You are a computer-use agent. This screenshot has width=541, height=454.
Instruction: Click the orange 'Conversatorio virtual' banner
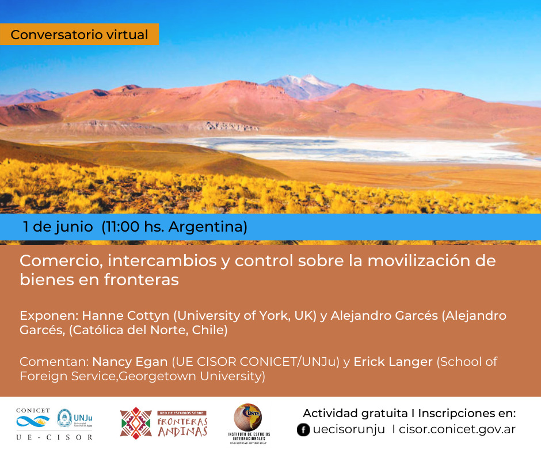(79, 34)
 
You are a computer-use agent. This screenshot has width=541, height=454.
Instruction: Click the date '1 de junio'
(58, 226)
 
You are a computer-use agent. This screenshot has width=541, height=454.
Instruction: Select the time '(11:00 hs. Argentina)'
(174, 227)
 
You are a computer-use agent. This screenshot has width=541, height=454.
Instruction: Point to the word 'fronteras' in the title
(142, 280)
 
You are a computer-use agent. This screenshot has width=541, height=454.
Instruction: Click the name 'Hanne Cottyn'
(125, 316)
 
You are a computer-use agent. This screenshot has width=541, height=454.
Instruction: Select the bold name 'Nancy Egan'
(129, 362)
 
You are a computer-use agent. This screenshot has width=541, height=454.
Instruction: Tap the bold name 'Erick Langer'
(393, 362)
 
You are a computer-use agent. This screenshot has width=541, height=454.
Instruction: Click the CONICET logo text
(33, 410)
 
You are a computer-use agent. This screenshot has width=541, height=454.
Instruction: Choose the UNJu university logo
(75, 418)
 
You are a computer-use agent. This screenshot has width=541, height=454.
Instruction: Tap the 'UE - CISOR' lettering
(54, 437)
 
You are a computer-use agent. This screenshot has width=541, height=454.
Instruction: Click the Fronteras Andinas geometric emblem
(136, 423)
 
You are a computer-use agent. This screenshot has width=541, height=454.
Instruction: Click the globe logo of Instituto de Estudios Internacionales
(247, 417)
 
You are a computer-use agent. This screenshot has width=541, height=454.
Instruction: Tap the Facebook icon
(303, 430)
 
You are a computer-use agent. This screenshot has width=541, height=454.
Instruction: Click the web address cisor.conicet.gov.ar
(457, 429)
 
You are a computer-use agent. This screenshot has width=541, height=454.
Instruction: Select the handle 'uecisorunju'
(349, 429)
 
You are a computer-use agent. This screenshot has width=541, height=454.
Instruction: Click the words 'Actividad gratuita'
(355, 413)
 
